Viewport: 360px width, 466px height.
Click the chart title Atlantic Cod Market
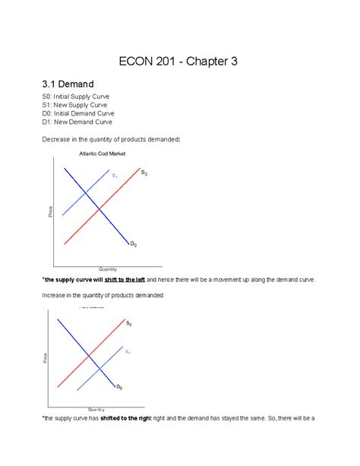tap(103, 154)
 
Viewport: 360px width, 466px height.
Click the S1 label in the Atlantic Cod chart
tap(115, 176)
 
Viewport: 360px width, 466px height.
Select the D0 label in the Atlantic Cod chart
tap(133, 244)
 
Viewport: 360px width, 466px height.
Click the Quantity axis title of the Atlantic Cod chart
tap(107, 269)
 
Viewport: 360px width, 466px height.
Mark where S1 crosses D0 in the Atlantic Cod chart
tap(84, 192)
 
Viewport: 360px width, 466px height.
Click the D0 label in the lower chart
tap(118, 388)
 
